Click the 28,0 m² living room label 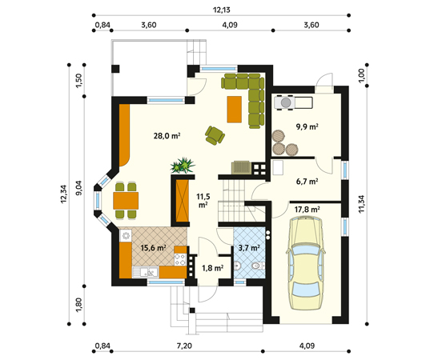pos(167,136)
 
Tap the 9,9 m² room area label pos(307,126)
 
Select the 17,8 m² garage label pos(307,210)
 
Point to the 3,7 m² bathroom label pos(249,248)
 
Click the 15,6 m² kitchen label pos(153,248)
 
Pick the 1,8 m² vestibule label pos(212,268)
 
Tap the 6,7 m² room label pos(307,181)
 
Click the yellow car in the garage pos(304,262)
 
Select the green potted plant pos(183,166)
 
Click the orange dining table pos(126,201)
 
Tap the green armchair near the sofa pos(215,134)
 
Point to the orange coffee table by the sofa pos(234,110)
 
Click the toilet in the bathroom pos(257,266)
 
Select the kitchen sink pos(146,272)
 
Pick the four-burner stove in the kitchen pos(180,259)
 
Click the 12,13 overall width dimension pos(221,10)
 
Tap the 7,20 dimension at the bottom pos(184,346)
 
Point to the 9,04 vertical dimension pos(79,190)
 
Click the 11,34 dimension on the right pos(361,204)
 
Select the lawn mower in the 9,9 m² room pos(293,102)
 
